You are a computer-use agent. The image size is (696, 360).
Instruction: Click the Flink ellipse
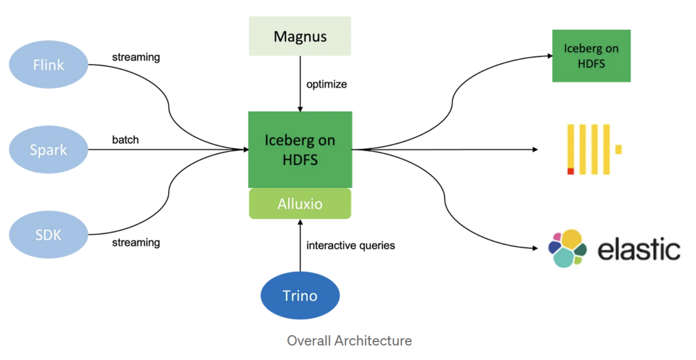(49, 64)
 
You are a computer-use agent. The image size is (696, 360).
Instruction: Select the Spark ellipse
(49, 150)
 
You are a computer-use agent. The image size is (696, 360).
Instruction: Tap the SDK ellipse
(49, 235)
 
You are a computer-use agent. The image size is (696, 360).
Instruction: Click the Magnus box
(300, 37)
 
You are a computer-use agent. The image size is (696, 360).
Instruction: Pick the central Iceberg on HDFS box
(300, 150)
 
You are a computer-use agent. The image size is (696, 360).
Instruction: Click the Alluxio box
(300, 204)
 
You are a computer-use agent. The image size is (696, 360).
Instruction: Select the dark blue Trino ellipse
(300, 296)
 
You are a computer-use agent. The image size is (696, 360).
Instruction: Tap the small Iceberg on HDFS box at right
(591, 56)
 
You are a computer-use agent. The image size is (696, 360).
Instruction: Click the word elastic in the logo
(639, 250)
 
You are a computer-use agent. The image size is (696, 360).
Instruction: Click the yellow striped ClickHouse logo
(592, 150)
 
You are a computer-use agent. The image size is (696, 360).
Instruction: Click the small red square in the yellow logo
(571, 171)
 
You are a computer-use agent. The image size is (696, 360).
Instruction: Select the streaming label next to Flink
(136, 57)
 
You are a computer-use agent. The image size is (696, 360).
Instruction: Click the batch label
(126, 140)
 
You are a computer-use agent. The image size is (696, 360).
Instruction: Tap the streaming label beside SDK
(136, 242)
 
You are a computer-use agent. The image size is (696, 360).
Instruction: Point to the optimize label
(327, 84)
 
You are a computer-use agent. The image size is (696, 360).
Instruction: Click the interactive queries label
(350, 245)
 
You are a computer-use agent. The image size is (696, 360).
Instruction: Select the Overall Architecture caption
(349, 340)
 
